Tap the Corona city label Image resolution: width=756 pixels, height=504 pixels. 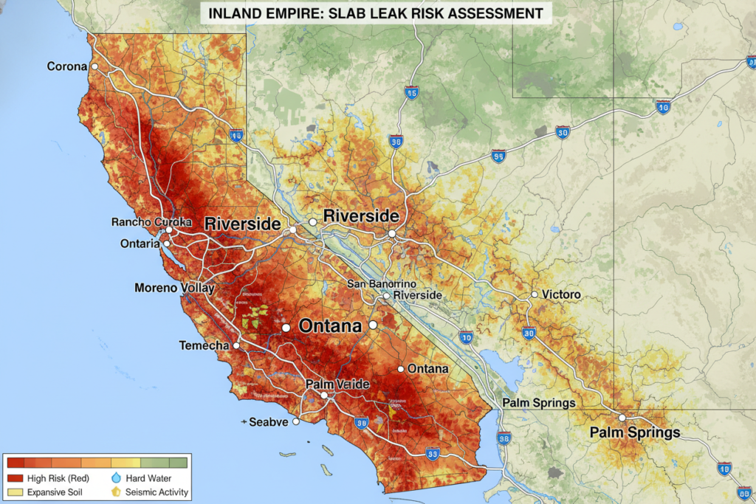[67, 66]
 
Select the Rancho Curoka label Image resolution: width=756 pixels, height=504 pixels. [151, 222]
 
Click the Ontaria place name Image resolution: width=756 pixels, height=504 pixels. [140, 244]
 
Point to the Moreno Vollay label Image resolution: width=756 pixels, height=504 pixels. [175, 288]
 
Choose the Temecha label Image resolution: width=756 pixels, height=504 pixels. [204, 345]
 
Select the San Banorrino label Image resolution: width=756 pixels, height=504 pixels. [382, 284]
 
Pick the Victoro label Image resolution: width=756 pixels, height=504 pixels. [561, 294]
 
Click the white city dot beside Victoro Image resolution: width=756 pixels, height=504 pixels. [534, 294]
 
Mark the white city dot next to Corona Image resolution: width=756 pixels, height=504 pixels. [94, 66]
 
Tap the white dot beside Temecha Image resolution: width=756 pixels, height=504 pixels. [237, 345]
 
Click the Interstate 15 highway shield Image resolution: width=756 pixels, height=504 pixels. [412, 93]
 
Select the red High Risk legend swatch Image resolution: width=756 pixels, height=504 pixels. [15, 478]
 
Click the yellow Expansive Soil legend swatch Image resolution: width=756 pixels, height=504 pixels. [15, 491]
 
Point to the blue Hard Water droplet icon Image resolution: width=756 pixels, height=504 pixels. [115, 478]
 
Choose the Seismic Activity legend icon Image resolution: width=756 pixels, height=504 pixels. [115, 491]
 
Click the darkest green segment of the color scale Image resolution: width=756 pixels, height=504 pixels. [178, 463]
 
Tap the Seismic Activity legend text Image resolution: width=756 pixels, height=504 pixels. [157, 492]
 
